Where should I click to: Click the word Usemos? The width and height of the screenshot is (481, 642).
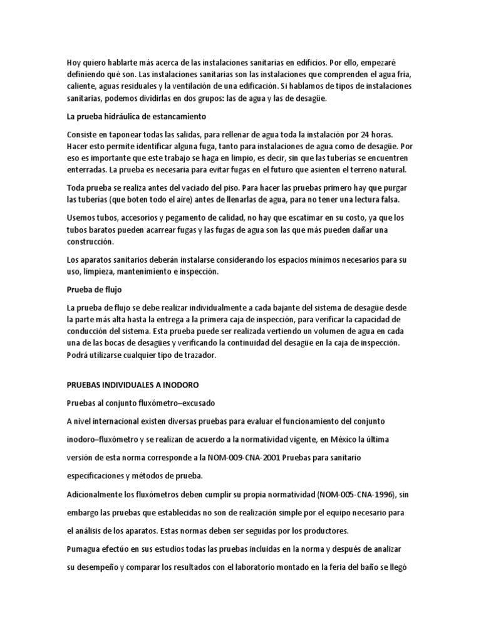pos(83,218)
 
